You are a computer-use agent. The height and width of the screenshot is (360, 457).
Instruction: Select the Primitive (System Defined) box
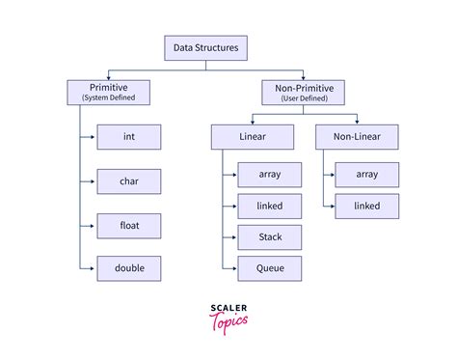click(108, 92)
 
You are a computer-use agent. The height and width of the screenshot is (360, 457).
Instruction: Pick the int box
click(128, 137)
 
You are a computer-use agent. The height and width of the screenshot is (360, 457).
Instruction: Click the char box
click(128, 180)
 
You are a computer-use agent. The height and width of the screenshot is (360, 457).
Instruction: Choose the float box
click(128, 226)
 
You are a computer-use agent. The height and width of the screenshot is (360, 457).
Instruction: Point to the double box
click(128, 269)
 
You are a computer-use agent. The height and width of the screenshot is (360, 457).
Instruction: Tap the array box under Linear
click(269, 175)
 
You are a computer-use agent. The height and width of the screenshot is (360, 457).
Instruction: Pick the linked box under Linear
click(269, 206)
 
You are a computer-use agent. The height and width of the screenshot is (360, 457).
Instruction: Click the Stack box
click(269, 236)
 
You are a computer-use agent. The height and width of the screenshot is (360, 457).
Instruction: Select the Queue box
click(269, 267)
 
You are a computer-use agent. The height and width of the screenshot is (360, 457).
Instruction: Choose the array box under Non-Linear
click(365, 175)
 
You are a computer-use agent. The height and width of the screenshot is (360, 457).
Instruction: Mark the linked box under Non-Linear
click(365, 206)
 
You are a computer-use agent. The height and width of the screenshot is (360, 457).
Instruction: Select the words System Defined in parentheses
click(108, 97)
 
